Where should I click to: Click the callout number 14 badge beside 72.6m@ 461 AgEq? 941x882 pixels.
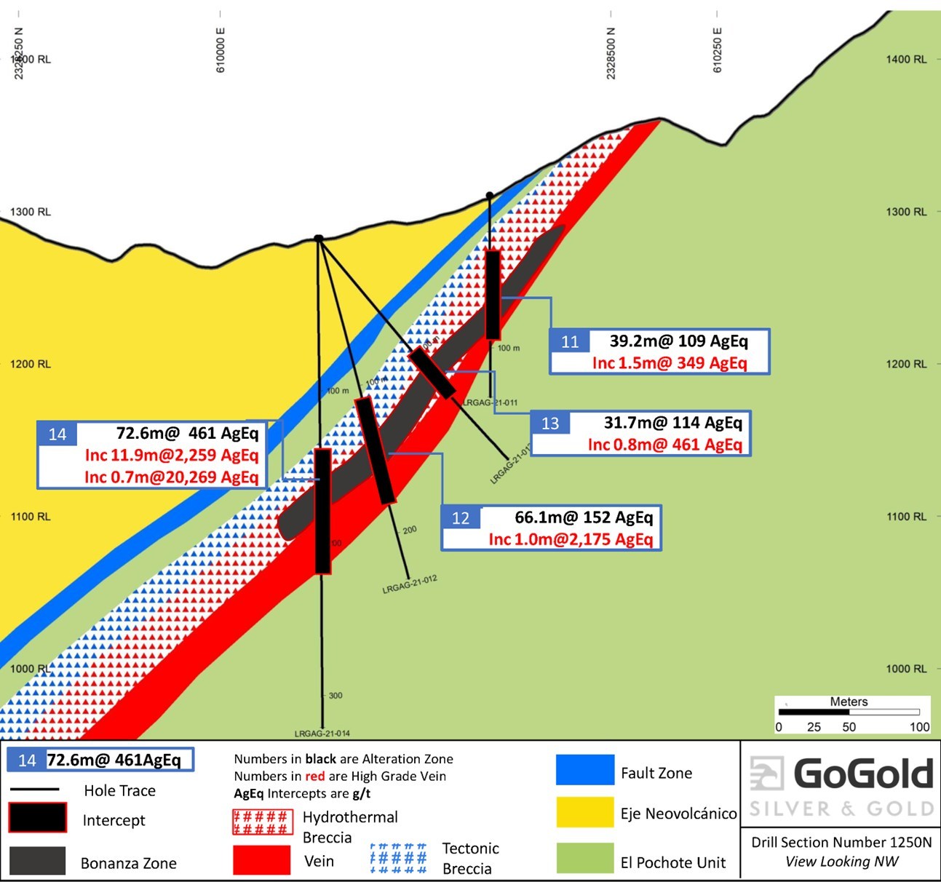(x=57, y=434)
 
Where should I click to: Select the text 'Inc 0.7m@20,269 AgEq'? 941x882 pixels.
(x=171, y=477)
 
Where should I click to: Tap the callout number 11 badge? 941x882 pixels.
(x=570, y=342)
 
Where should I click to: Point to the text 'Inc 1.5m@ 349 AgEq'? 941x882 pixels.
(x=670, y=363)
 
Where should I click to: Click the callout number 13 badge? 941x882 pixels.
(x=550, y=424)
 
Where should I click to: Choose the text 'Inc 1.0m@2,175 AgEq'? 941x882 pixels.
(x=571, y=539)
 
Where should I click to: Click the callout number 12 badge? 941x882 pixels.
(x=461, y=518)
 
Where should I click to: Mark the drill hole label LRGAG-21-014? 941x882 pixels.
(x=322, y=734)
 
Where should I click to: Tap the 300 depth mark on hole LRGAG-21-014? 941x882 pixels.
(x=335, y=696)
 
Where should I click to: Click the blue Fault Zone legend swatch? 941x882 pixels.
(x=584, y=770)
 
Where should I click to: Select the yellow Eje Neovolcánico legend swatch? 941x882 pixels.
(x=584, y=812)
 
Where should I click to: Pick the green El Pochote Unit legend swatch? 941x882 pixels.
(x=584, y=857)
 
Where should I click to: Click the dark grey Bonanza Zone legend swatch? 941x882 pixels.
(x=37, y=861)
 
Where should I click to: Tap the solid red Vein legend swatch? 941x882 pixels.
(x=261, y=859)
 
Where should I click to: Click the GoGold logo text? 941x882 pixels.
(x=862, y=774)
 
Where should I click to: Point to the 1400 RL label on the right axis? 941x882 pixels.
(x=906, y=60)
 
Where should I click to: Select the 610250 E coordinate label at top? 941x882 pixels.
(x=718, y=50)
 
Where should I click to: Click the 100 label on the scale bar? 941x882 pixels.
(x=919, y=726)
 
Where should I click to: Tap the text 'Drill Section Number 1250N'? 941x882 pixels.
(x=841, y=842)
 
